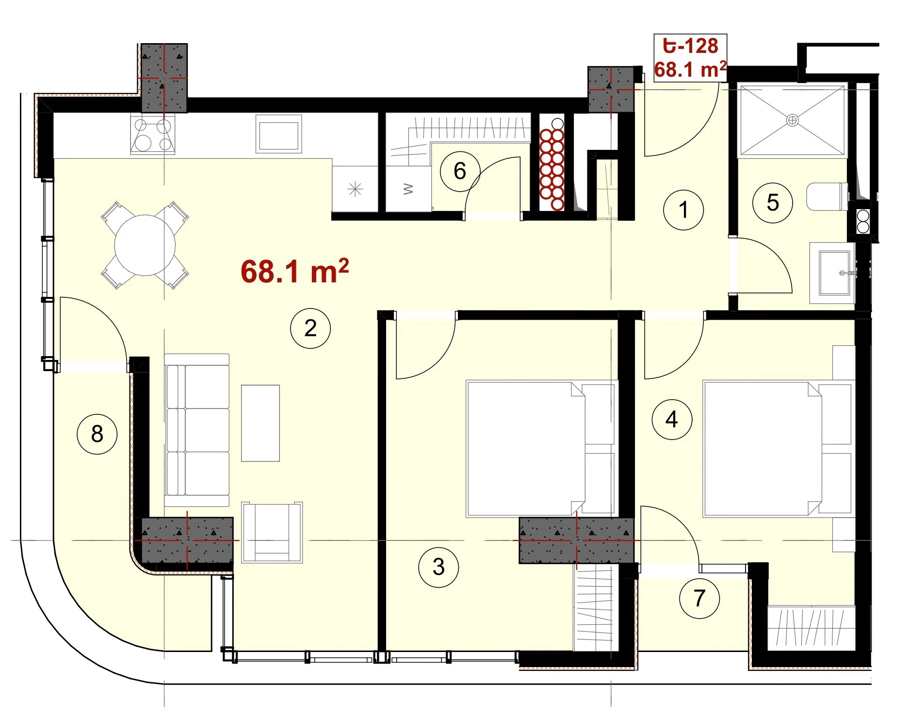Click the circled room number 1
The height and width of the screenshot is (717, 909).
(683, 210)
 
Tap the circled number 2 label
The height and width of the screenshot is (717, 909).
(310, 328)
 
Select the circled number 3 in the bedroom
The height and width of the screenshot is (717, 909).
(438, 567)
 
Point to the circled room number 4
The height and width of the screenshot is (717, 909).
(672, 419)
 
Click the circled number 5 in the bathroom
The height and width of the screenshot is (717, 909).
(773, 202)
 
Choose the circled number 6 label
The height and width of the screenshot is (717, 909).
(460, 171)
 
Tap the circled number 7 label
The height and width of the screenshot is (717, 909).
(699, 598)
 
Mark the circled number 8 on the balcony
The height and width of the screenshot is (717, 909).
(97, 434)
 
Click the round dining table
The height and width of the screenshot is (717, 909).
(145, 245)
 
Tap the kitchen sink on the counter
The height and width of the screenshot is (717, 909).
(278, 134)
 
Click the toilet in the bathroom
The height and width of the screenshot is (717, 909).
(827, 196)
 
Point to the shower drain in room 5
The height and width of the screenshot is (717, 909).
(792, 120)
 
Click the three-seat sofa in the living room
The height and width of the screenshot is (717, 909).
(196, 430)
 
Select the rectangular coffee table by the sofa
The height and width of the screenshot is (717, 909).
(260, 423)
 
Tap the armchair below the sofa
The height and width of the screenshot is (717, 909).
(272, 532)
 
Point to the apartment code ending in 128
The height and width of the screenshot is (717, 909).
(690, 46)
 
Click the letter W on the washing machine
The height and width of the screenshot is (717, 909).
(408, 189)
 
